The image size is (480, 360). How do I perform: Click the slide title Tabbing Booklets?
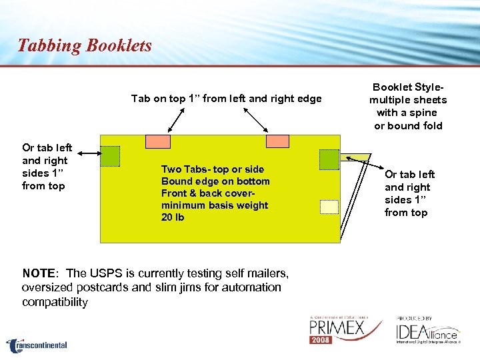pyautogui.click(x=85, y=45)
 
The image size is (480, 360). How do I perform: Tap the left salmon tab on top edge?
pyautogui.click(x=158, y=141)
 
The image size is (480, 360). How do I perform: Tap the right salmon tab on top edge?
pyautogui.click(x=277, y=141)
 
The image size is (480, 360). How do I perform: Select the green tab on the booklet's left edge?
pyautogui.click(x=110, y=156)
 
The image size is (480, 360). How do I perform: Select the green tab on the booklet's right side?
pyautogui.click(x=329, y=159)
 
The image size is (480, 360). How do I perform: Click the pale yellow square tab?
pyautogui.click(x=329, y=207)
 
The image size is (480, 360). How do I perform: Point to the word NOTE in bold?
pyautogui.click(x=38, y=273)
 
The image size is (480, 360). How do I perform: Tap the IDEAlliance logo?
pyautogui.click(x=427, y=330)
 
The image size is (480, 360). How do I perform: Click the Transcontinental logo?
pyautogui.click(x=37, y=345)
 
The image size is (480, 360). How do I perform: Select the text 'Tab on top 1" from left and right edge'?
pyautogui.click(x=226, y=99)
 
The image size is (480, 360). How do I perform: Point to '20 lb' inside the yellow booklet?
pyautogui.click(x=173, y=217)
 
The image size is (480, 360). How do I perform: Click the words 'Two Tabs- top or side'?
pyautogui.click(x=213, y=169)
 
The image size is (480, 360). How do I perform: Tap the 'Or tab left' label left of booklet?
pyautogui.click(x=47, y=148)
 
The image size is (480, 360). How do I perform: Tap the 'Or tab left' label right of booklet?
pyautogui.click(x=409, y=175)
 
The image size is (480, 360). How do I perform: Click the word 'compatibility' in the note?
pyautogui.click(x=55, y=302)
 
